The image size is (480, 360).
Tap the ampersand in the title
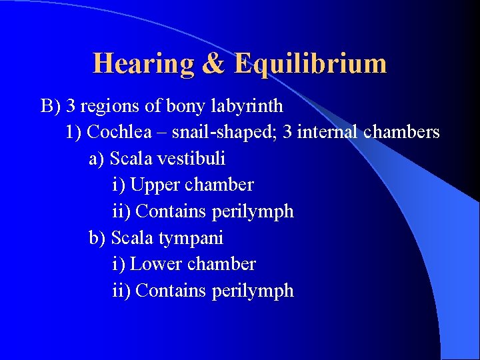(214, 64)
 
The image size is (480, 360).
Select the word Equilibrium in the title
(310, 64)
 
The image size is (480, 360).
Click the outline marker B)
(51, 106)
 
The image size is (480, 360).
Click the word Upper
(154, 185)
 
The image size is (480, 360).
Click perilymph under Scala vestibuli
(253, 211)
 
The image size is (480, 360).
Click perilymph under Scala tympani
(253, 291)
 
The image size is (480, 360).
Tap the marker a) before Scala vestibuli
(97, 159)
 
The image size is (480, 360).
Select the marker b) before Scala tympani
(97, 238)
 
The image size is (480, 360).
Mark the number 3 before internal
(287, 132)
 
